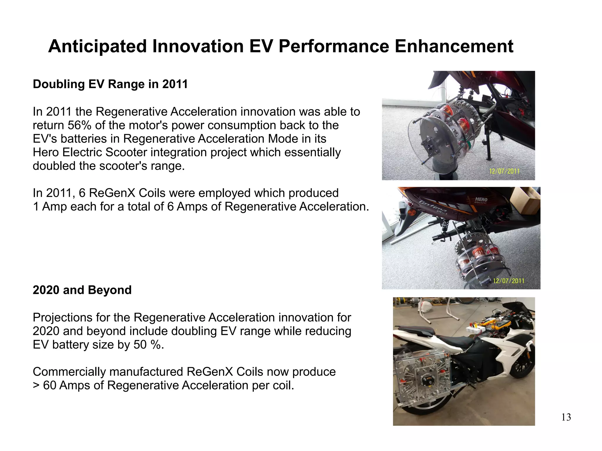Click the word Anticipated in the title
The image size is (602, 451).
[97, 46]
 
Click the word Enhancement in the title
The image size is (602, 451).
[454, 46]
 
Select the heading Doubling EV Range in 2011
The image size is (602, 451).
[110, 84]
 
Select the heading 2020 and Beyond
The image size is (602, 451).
[82, 290]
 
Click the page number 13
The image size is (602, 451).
[566, 417]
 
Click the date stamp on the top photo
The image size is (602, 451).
[504, 171]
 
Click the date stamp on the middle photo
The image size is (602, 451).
[509, 281]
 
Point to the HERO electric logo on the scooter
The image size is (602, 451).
[481, 200]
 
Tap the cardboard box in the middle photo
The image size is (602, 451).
[525, 200]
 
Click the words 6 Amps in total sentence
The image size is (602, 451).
[186, 207]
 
